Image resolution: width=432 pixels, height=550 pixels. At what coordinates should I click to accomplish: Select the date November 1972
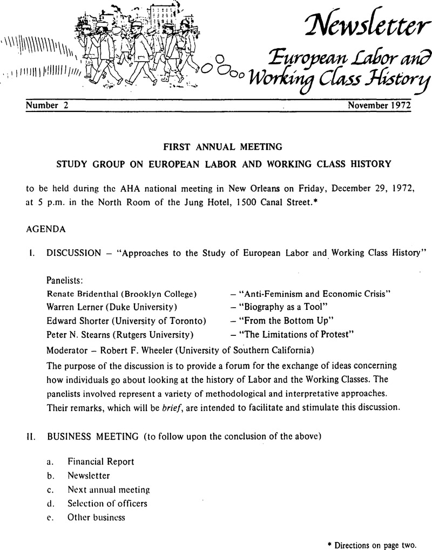point(379,106)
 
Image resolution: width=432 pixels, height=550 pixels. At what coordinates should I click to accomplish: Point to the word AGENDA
point(45,229)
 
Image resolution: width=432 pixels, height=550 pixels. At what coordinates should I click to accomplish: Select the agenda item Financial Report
point(100,461)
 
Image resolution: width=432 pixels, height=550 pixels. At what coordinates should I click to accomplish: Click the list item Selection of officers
point(107,503)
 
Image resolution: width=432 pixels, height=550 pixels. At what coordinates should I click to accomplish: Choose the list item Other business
point(96,517)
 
